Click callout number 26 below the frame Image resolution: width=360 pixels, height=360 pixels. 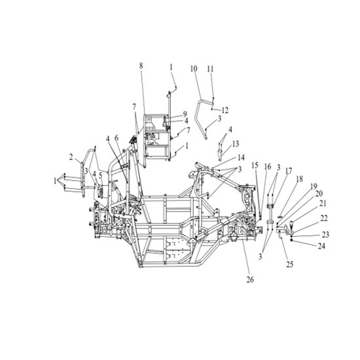coord(250,279)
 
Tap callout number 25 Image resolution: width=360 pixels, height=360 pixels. coord(290,264)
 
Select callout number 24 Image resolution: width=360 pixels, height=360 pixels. coord(321,246)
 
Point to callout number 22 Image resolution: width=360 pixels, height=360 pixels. coord(324,218)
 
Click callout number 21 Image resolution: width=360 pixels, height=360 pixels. coord(323,203)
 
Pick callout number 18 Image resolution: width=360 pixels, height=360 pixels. coord(300,179)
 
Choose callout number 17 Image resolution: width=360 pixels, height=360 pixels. coord(289,171)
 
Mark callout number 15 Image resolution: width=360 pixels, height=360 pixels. coord(255,166)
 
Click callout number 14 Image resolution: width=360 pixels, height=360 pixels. coord(241,158)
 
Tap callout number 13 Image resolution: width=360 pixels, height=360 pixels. coord(236,144)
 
